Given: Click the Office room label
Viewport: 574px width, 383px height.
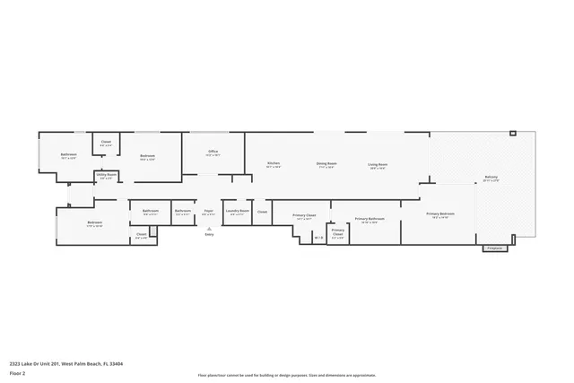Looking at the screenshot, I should tap(213, 152).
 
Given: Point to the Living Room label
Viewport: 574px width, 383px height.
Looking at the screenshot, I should tap(378, 165).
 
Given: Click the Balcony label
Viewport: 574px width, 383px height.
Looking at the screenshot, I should tap(491, 178).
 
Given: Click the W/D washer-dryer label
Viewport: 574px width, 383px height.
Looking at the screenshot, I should tap(317, 238).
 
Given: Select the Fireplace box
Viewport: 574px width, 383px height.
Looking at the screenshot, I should tap(494, 248).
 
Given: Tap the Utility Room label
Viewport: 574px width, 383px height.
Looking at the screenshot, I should tap(106, 176).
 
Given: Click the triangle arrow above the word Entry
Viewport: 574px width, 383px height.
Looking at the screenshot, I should tap(210, 228).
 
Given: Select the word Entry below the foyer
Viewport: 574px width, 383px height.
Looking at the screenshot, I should tap(210, 233).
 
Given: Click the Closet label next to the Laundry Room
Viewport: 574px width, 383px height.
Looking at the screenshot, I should tap(262, 213).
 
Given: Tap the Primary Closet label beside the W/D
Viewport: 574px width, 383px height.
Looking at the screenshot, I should tap(337, 232).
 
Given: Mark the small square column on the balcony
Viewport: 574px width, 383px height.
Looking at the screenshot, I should tap(512, 134).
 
